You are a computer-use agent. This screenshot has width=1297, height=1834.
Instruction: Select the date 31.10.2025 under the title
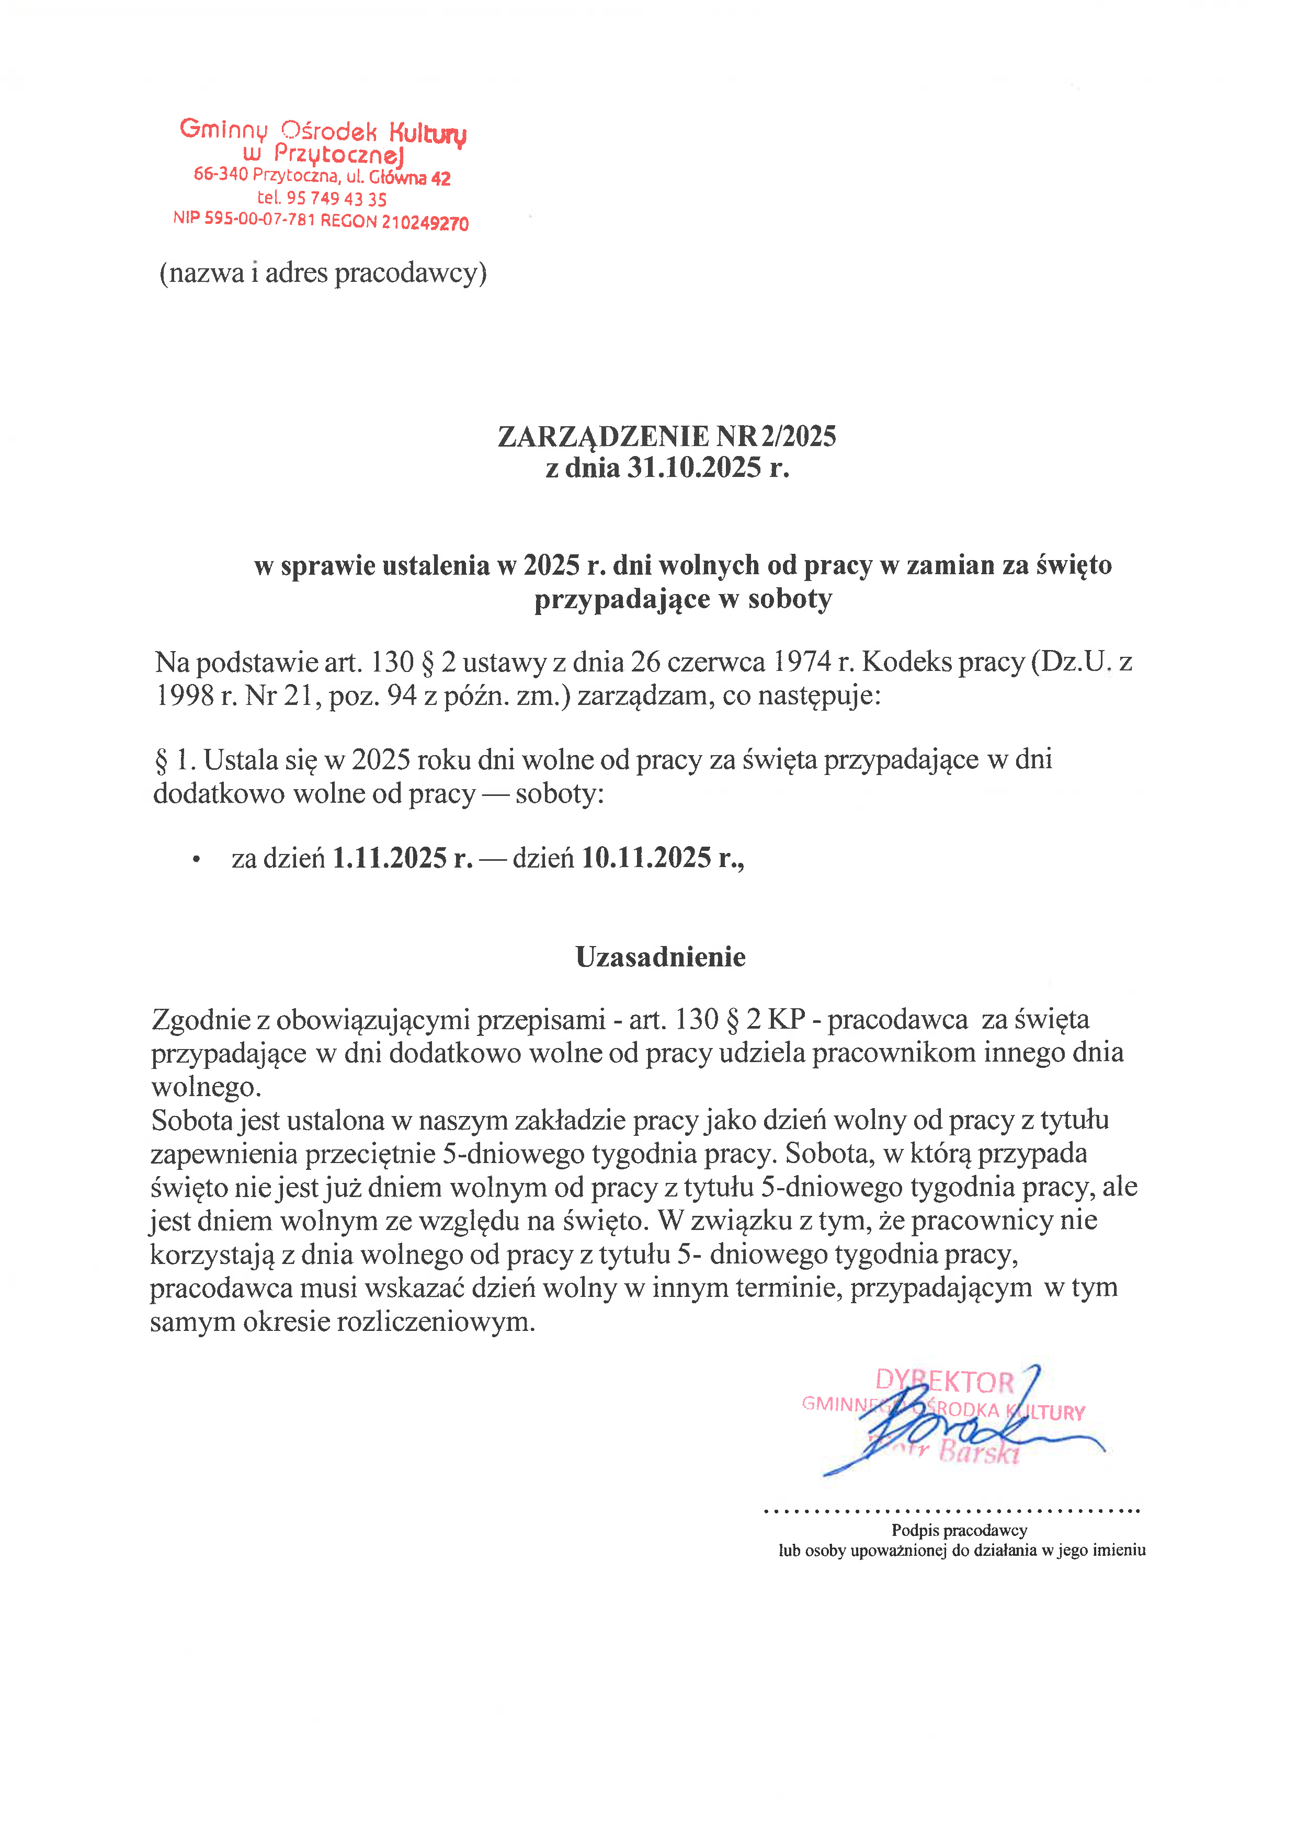click(694, 468)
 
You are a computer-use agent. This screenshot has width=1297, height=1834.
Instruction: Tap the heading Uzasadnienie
click(661, 957)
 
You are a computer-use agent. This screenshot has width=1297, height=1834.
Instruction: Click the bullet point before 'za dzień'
click(196, 860)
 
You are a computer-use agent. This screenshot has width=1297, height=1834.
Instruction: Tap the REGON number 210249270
click(425, 223)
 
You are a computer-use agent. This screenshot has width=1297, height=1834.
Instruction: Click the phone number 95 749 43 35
click(336, 198)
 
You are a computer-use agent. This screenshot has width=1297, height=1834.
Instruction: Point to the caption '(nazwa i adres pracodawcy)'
click(323, 273)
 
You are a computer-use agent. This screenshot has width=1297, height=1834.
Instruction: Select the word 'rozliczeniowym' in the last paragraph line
click(435, 1322)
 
